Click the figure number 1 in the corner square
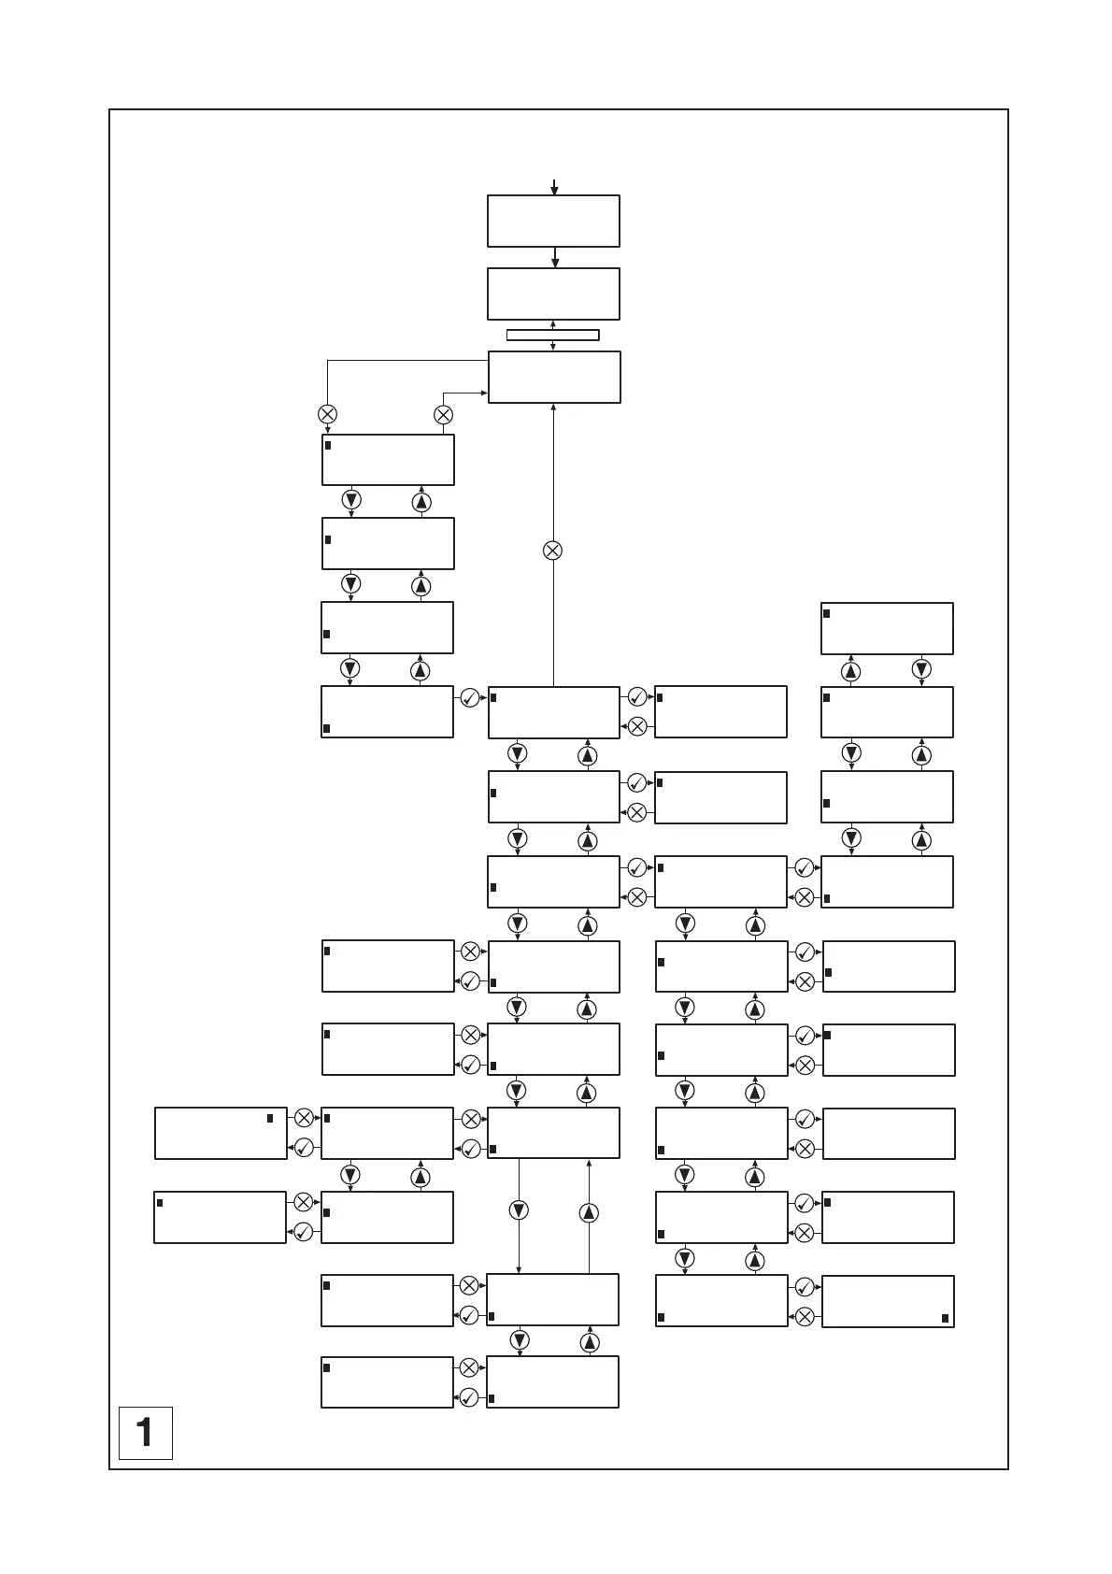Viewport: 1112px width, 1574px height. [145, 1432]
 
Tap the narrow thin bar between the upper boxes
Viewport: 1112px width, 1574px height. [552, 336]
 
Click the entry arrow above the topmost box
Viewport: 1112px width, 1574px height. [554, 187]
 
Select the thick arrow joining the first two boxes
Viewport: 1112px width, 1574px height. [555, 258]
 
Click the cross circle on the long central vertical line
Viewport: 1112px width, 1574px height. [553, 551]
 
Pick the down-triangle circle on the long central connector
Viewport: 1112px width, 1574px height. [519, 1210]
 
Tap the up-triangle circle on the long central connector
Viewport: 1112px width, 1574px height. [589, 1212]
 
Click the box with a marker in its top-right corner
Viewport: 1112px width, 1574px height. [221, 1134]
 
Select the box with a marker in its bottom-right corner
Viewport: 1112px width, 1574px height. [888, 1301]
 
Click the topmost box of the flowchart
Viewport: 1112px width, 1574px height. [553, 222]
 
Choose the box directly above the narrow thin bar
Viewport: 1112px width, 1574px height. [553, 294]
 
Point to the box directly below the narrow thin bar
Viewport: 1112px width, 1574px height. [554, 378]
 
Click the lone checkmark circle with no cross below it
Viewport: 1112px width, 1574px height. [470, 697]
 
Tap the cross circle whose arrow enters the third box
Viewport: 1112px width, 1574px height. [444, 414]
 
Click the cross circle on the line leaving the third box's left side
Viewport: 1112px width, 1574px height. [327, 414]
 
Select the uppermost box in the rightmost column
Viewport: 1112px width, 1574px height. [887, 628]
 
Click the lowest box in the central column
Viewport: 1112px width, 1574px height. [552, 1381]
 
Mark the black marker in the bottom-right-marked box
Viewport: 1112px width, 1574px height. [946, 1319]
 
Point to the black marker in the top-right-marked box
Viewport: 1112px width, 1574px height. [270, 1118]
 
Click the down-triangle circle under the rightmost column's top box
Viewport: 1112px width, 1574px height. [921, 669]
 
